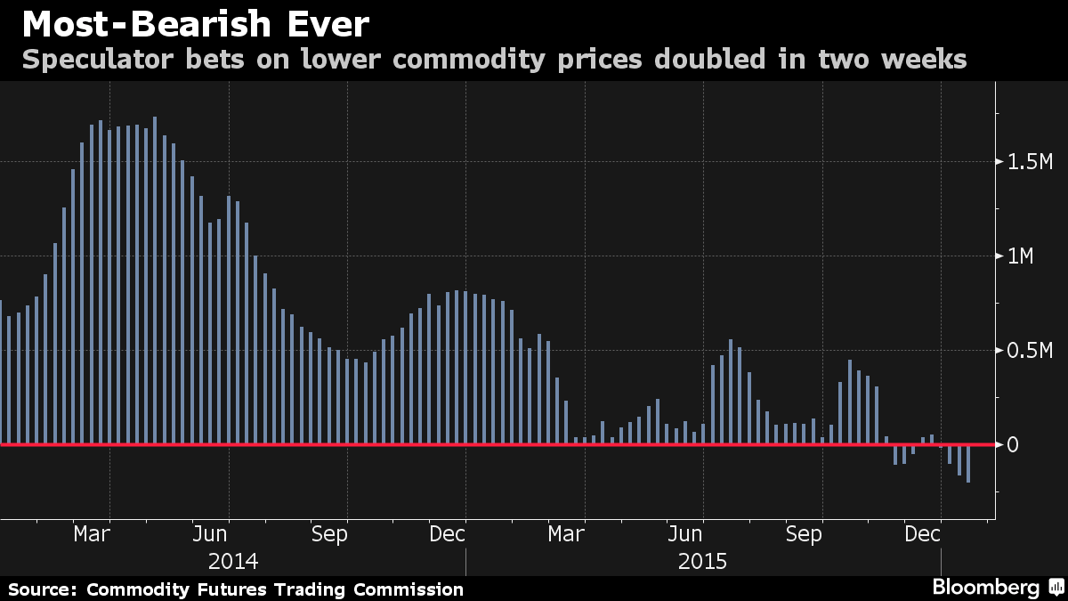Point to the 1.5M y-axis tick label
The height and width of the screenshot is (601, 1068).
1030,162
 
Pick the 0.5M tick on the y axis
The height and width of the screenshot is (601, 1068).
1030,350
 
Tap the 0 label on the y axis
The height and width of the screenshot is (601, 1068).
1012,444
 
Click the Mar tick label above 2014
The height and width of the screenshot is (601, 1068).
92,534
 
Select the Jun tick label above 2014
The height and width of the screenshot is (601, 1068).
211,534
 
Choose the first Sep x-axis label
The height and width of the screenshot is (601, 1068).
329,534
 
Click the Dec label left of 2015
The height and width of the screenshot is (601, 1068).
448,534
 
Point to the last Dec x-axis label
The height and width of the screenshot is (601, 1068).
923,534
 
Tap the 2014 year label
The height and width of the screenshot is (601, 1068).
233,562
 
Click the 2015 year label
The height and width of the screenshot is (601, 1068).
703,562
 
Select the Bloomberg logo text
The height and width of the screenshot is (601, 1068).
985,588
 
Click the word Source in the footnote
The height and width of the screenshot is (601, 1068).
41,589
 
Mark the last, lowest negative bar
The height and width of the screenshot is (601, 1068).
967,463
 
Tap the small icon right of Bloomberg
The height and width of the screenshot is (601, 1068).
1056,588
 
